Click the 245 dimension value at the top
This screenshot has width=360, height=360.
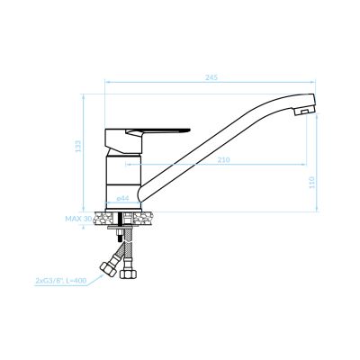(211, 77)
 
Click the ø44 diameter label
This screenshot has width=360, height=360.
(122, 198)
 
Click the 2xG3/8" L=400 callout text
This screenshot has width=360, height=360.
(60, 281)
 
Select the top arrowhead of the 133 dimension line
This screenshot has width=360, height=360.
(86, 94)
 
